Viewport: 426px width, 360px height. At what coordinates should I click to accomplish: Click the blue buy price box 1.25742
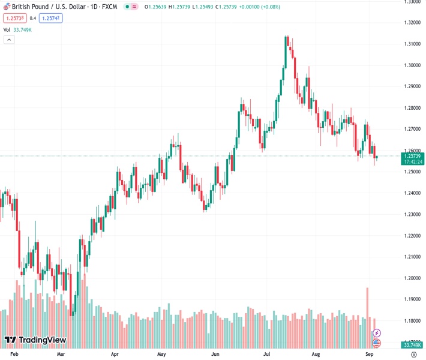[50, 18]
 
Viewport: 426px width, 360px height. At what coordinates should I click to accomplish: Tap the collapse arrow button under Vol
[9, 40]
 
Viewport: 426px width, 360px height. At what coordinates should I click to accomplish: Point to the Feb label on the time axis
[14, 355]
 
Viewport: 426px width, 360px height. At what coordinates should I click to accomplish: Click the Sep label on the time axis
[370, 355]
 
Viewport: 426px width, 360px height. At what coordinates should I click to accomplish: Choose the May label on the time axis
[161, 355]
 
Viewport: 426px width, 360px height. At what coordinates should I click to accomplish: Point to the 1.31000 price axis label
[412, 44]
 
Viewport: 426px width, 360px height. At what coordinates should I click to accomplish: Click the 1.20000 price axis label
[412, 278]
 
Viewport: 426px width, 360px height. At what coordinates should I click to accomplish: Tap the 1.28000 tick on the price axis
[412, 108]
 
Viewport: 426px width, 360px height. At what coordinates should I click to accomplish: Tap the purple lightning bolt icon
[376, 332]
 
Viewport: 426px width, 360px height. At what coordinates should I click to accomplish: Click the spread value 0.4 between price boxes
[32, 18]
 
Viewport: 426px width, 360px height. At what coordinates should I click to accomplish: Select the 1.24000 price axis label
[412, 193]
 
